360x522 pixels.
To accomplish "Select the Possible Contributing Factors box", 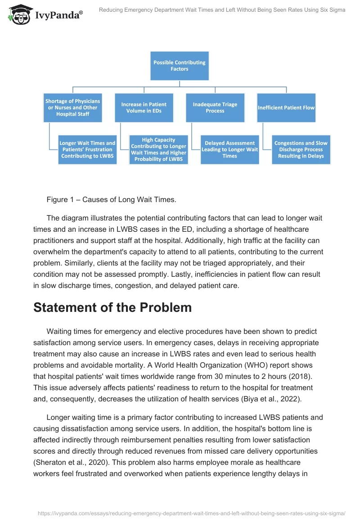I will pos(179,66).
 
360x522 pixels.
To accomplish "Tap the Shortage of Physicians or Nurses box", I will pos(72,108).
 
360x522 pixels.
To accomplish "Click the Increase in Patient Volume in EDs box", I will pos(144,108).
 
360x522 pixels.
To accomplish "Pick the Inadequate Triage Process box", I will pos(215,108).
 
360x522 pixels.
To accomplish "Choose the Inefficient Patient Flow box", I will pos(286,108).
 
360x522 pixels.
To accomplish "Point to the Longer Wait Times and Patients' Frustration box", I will pos(87,149).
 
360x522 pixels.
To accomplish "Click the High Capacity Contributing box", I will pos(158,149).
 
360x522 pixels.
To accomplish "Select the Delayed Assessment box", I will pos(230,149).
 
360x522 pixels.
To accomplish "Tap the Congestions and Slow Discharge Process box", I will pos(301,149).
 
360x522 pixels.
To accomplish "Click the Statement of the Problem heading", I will pos(112,307).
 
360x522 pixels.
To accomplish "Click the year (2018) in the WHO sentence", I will pos(300,376).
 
